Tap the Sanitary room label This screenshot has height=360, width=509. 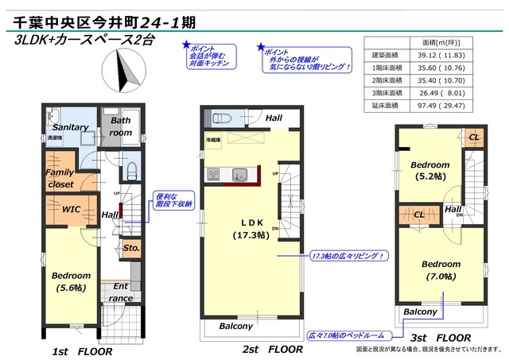(70, 127)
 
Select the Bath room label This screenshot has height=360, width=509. (121, 127)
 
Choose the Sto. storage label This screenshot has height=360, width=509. (131, 248)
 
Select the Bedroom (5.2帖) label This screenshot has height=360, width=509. (430, 171)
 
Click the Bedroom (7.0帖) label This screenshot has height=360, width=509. (441, 269)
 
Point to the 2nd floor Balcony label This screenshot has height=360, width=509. (235, 326)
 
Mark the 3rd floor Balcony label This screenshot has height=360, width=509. (419, 312)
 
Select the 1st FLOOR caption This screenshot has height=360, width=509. (82, 350)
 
